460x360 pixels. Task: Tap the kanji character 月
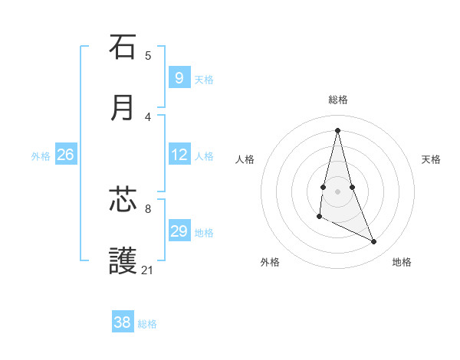pos(123,108)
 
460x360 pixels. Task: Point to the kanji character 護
pos(123,261)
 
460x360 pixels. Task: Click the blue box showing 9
pos(179,77)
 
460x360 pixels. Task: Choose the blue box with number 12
pos(179,155)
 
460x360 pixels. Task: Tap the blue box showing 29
pos(179,231)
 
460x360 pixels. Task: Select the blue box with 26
pos(65,155)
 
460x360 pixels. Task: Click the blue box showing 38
pos(122,322)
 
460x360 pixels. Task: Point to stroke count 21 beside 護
pos(147,270)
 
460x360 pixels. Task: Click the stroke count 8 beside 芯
pos(147,208)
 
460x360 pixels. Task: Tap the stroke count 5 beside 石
pos(147,55)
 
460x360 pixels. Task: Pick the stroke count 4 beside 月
pos(147,116)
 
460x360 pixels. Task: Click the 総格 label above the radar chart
pos(337,100)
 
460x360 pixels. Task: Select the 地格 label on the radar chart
pos(402,262)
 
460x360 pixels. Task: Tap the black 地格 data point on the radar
pos(374,242)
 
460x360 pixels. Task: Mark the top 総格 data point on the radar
pos(337,129)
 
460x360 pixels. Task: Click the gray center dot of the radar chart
pos(337,191)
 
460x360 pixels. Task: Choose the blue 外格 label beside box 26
pos(41,156)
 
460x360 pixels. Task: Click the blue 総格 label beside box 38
pos(147,324)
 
